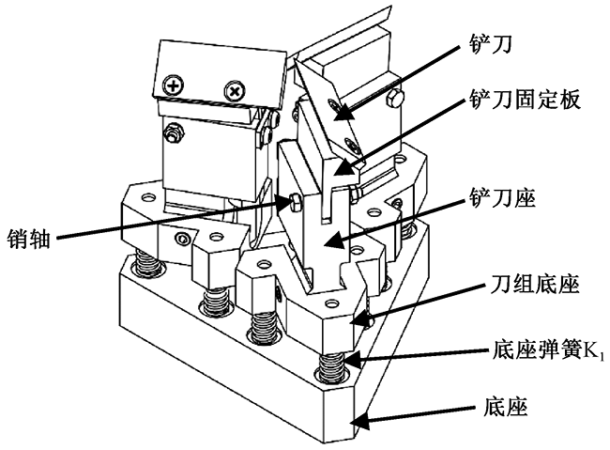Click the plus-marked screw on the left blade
pos(172,85)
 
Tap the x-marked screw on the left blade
pos(233,91)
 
